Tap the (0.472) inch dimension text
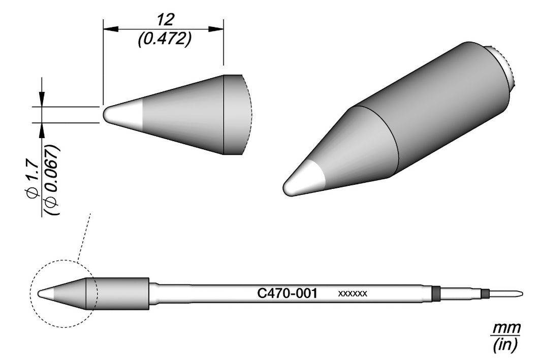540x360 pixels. click(164, 40)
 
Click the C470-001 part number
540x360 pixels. click(287, 293)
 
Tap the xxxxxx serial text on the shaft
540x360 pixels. click(353, 294)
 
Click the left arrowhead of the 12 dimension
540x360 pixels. click(111, 29)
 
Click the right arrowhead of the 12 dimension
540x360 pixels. click(216, 29)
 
